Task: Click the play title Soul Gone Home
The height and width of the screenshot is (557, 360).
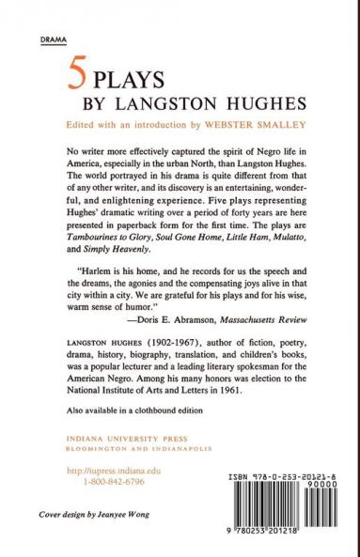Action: click(x=176, y=240)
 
